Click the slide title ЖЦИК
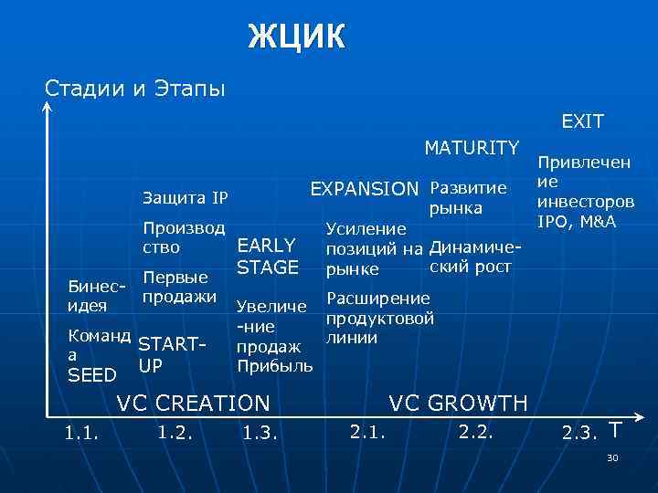[x=297, y=37]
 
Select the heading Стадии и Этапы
[x=135, y=89]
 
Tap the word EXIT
[x=582, y=121]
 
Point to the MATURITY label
[x=471, y=147]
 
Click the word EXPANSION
[x=365, y=188]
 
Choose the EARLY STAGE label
[x=267, y=256]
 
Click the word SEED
[x=92, y=375]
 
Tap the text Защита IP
[x=186, y=198]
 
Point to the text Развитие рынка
[x=467, y=198]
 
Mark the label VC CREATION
[x=193, y=403]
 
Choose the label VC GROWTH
[x=458, y=403]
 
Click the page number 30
[x=612, y=456]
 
